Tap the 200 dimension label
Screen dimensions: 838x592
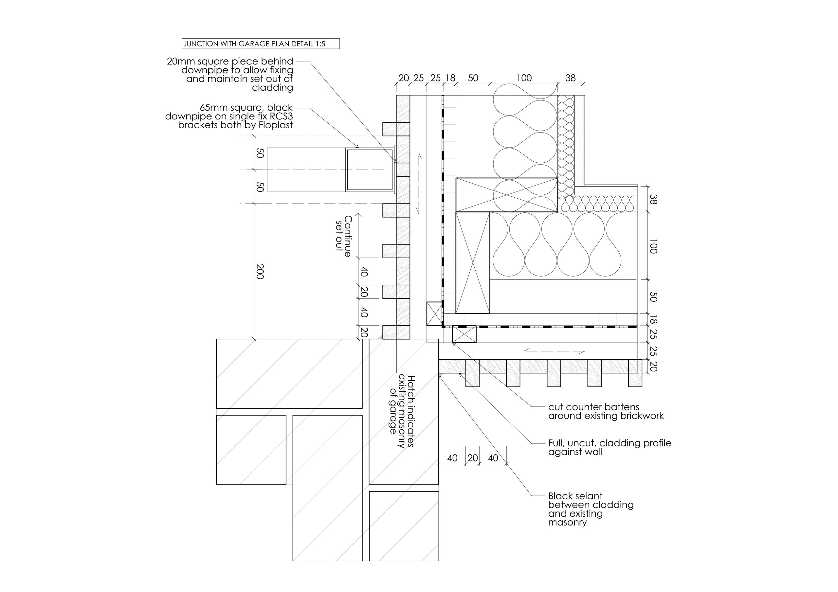[260, 272]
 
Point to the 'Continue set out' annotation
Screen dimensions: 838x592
[343, 236]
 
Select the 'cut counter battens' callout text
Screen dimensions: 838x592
[606, 411]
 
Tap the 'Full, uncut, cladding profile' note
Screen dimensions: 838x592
[610, 447]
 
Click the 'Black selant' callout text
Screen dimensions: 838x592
[591, 509]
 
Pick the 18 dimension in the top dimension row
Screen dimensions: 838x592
[450, 78]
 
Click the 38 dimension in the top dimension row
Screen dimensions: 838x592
[571, 78]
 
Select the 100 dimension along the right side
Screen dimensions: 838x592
[653, 246]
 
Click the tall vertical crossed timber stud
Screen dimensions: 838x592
[473, 262]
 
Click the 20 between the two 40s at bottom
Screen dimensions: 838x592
[473, 458]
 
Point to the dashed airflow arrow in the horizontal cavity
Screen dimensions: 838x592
[554, 351]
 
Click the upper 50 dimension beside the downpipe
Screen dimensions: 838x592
[260, 153]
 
